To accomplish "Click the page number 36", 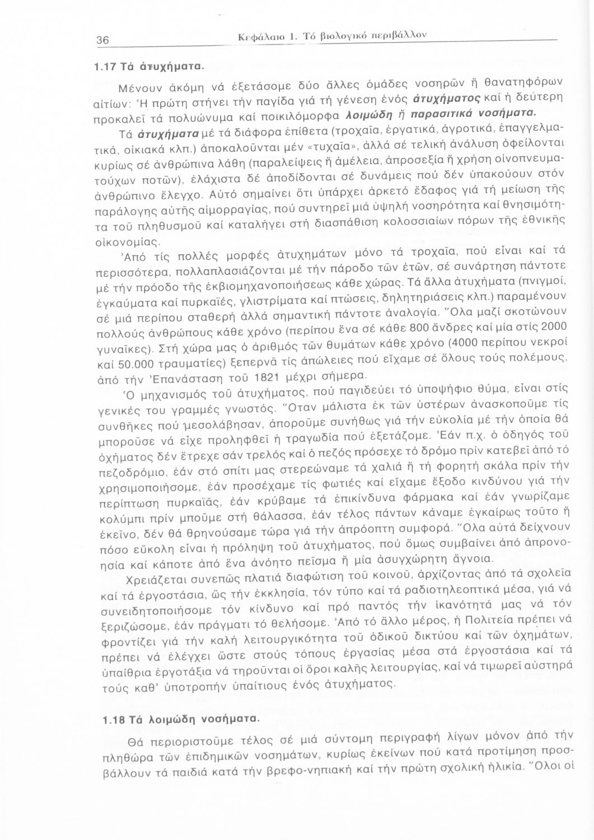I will [102, 40].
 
